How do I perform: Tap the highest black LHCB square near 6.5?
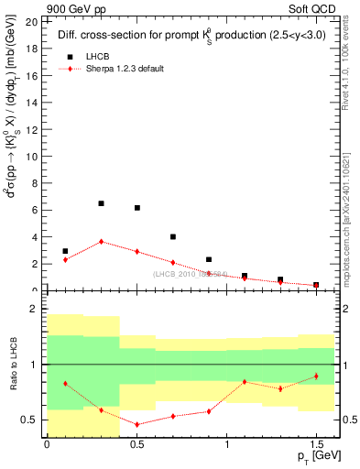101,203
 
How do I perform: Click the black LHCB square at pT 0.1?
65,251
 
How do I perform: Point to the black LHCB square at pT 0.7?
173,236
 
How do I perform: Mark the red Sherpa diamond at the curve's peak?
101,242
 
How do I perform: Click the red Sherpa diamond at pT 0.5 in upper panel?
136,251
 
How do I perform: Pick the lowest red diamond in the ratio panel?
136,424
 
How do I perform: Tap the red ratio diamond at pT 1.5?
316,376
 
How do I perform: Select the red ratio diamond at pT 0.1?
65,383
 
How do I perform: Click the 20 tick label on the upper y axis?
32,21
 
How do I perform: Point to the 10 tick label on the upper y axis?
32,156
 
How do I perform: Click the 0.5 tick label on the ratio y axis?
30,420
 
